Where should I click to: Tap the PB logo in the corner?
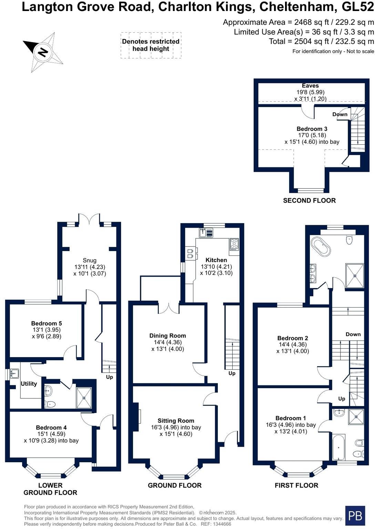(x=355, y=516)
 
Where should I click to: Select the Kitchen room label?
(x=216, y=260)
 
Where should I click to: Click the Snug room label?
(x=90, y=260)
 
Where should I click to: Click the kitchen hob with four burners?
(x=234, y=244)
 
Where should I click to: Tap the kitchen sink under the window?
(x=206, y=233)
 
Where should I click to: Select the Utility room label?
(x=29, y=384)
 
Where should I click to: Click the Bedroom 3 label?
(x=312, y=129)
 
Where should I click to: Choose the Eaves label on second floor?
(x=310, y=86)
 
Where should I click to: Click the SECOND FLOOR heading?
(x=309, y=200)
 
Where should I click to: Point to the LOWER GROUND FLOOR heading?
(x=50, y=489)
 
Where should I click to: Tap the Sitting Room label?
(x=176, y=421)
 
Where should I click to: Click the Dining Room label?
(x=168, y=336)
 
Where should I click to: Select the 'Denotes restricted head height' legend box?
(x=151, y=45)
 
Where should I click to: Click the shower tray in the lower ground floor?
(x=84, y=398)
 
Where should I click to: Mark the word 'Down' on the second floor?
(x=340, y=114)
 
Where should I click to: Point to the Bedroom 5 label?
(x=47, y=323)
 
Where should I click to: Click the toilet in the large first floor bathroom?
(x=349, y=240)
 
